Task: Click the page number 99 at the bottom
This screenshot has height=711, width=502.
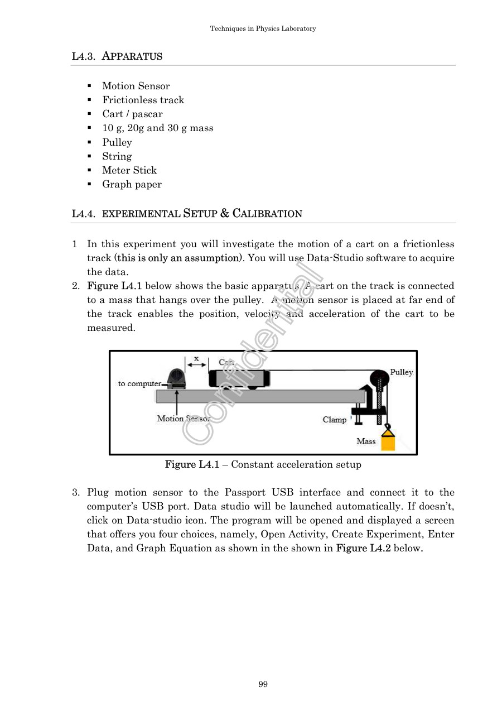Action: [x=263, y=684]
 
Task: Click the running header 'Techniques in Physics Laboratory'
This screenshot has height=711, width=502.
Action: [x=263, y=28]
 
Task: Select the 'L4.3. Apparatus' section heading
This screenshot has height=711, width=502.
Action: [x=117, y=56]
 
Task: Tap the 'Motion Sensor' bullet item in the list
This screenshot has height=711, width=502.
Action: [x=136, y=86]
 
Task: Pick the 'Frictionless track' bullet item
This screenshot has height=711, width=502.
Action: [x=143, y=100]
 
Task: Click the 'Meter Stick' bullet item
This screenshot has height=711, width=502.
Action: [x=129, y=170]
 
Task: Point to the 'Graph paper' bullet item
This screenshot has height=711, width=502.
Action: [x=132, y=184]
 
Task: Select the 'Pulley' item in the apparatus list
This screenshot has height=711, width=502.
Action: [x=117, y=142]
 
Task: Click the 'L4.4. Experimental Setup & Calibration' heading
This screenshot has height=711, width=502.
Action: [x=187, y=214]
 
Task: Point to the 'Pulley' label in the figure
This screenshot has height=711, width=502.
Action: [x=401, y=372]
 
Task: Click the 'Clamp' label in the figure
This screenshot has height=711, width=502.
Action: [x=334, y=420]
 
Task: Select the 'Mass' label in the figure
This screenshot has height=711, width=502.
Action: [x=366, y=441]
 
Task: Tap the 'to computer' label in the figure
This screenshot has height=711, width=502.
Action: [x=139, y=383]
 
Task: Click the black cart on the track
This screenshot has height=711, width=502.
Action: [x=239, y=379]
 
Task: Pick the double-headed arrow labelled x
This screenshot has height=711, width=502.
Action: [x=196, y=364]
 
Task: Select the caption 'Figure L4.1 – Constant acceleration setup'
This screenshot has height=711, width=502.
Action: [x=263, y=464]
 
